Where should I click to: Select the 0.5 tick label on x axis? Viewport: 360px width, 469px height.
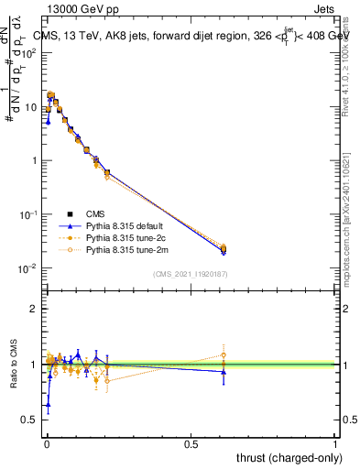pos(191,442)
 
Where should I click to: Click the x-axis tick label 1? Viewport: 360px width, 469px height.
pos(335,442)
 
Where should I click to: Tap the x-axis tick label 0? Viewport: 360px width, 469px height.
pos(46,442)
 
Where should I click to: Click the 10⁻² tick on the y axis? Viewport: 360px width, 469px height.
pos(29,268)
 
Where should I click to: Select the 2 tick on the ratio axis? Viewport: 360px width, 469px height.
pos(34,309)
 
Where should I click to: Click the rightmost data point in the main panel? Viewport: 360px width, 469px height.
pos(224,248)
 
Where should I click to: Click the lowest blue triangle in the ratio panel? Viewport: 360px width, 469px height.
pos(48,403)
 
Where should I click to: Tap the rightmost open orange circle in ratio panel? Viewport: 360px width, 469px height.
pos(224,354)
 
